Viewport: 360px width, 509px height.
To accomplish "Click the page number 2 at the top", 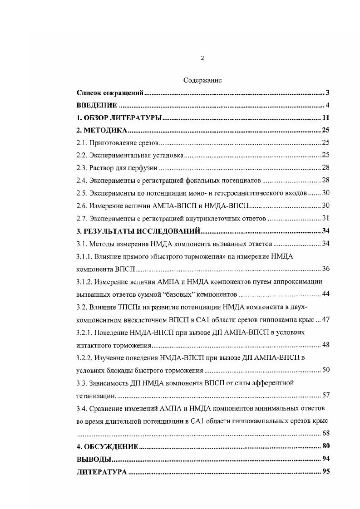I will click(x=202, y=58).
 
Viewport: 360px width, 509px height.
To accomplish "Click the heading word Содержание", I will click(x=202, y=80).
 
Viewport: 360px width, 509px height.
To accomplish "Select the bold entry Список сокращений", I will click(x=110, y=93).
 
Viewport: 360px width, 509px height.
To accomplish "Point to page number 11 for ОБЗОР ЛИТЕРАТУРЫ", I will click(x=325, y=118).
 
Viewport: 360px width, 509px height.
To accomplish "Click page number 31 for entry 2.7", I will click(x=325, y=219).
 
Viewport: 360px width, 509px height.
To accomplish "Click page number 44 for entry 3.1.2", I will click(x=325, y=294).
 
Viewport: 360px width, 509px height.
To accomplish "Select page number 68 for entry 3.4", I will click(x=325, y=432).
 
